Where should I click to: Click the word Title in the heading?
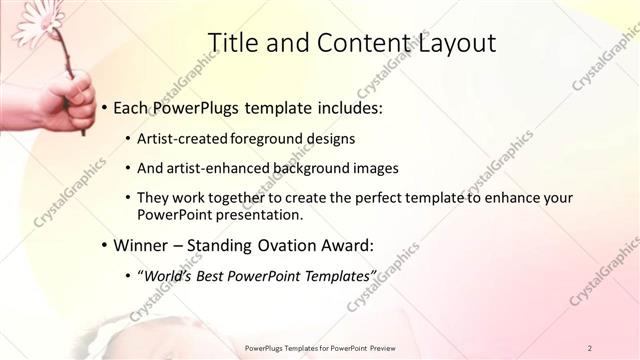pos(235,42)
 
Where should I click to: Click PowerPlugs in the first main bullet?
pos(197,106)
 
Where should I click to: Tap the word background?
pos(306,168)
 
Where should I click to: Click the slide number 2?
pos(590,348)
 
